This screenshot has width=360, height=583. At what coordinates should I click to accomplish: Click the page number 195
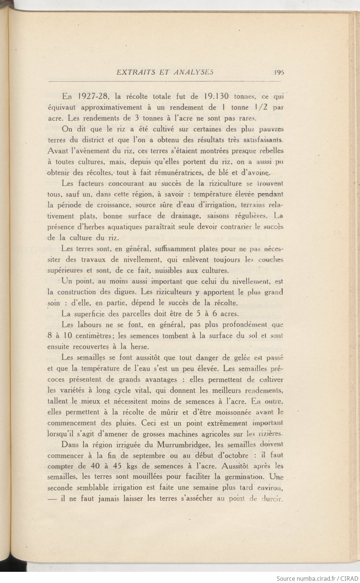(x=279, y=72)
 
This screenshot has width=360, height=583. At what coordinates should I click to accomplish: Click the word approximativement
(x=111, y=108)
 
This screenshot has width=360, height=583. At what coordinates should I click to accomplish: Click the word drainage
(x=185, y=216)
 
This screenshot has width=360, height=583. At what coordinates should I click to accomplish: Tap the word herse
(x=140, y=347)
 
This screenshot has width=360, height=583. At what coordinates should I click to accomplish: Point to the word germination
(x=243, y=477)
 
